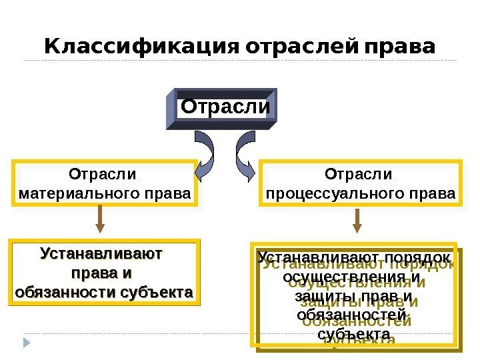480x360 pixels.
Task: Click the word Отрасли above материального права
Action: pos(102,175)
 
